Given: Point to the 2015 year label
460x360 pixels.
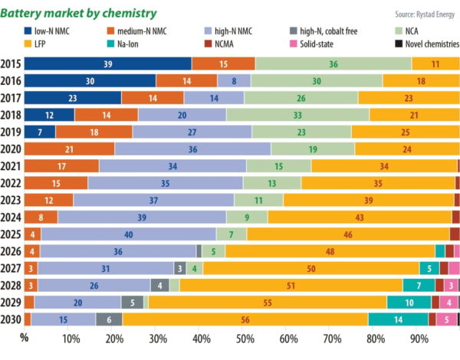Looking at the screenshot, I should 11,64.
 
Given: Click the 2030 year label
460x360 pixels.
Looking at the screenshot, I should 11,319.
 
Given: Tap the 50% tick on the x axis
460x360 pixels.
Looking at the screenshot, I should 245,338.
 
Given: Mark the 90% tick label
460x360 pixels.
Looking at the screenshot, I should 420,338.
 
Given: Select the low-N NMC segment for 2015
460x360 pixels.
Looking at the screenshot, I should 108,64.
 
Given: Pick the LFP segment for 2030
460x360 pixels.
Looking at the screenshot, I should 245,319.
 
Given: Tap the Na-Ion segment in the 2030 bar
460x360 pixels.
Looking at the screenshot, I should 398,319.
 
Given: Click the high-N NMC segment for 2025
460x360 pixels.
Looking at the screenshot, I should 128,234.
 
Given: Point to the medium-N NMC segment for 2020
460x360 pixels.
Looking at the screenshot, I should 70,149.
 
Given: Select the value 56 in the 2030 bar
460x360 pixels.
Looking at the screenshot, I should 245,319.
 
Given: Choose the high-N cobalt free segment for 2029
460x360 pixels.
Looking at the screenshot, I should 132,303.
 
